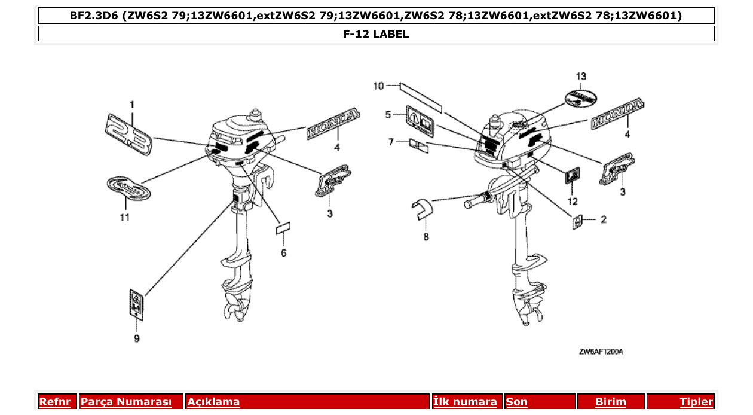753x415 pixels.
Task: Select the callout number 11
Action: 124,218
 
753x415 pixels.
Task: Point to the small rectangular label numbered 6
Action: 282,230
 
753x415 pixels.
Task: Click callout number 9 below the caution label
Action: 137,338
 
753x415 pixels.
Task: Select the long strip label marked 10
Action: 421,97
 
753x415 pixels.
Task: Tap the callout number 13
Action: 581,76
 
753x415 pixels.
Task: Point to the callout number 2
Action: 603,220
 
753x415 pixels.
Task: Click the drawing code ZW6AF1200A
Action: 601,352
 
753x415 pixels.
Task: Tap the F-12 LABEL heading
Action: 376,34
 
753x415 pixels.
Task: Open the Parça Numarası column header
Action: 126,402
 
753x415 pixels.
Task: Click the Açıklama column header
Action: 213,402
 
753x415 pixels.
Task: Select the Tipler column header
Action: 696,402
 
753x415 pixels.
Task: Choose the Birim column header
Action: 610,402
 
